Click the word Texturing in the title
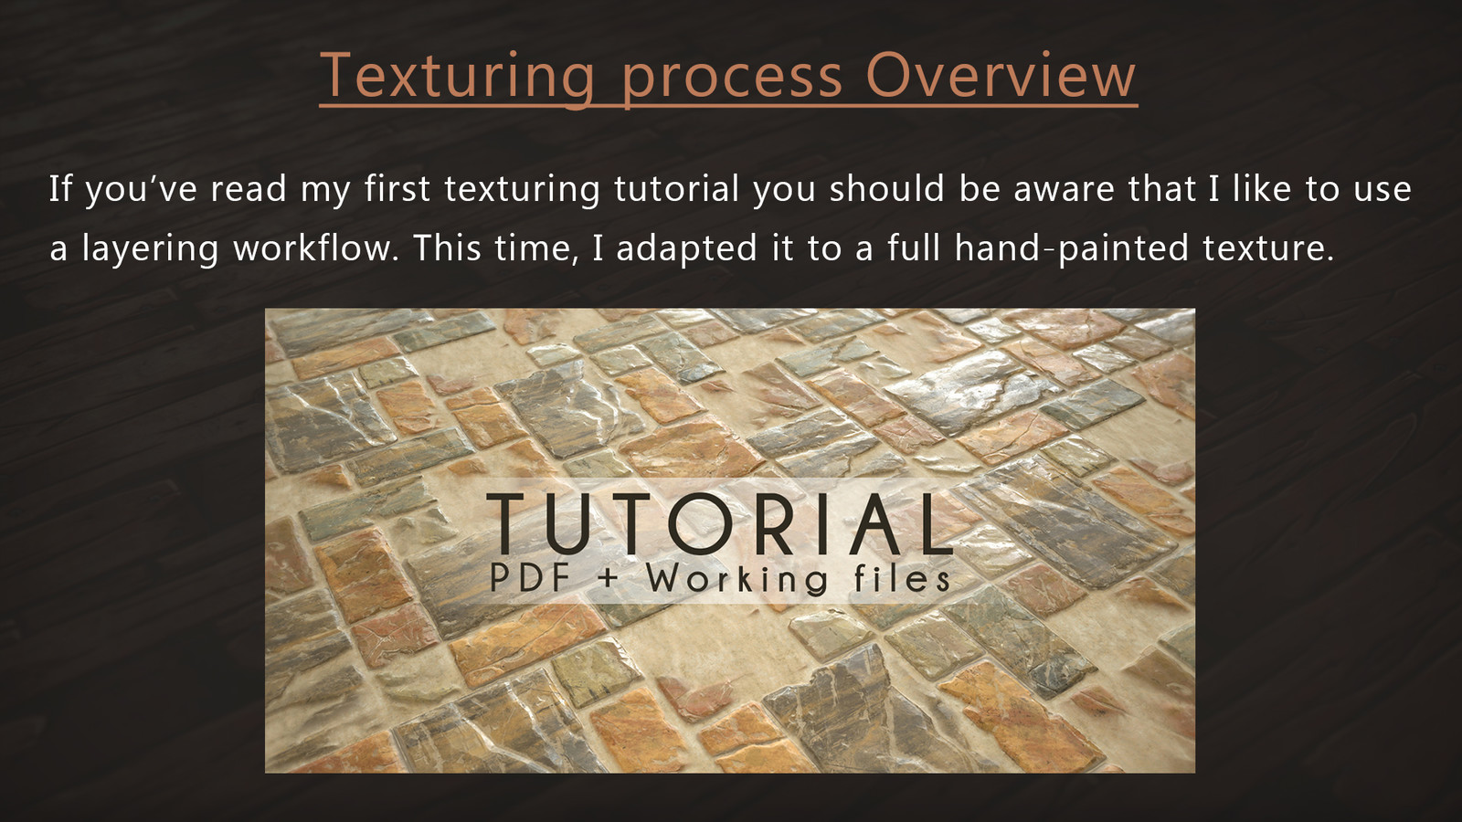pyautogui.click(x=457, y=77)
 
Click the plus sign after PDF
pyautogui.click(x=608, y=579)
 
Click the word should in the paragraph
pyautogui.click(x=887, y=188)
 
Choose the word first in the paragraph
pyautogui.click(x=397, y=188)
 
